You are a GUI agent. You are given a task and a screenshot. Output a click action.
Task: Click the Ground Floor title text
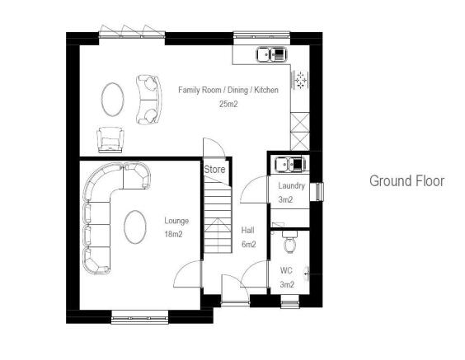coord(406,181)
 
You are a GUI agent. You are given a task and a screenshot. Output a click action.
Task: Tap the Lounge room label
coord(176,221)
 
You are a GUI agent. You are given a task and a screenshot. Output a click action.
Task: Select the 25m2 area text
coord(228,104)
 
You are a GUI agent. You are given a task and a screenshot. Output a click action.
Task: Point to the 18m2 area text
coord(173,235)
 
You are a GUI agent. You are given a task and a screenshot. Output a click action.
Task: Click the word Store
coord(214,170)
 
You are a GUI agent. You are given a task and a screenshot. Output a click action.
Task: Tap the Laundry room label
coord(291,186)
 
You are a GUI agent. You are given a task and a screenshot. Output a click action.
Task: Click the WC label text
coord(285,270)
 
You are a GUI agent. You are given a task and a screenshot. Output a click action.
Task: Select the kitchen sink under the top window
coord(272,55)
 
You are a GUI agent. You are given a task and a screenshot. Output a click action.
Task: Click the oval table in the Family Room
coord(115,98)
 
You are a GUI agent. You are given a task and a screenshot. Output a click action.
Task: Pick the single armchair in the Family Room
coord(110,139)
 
